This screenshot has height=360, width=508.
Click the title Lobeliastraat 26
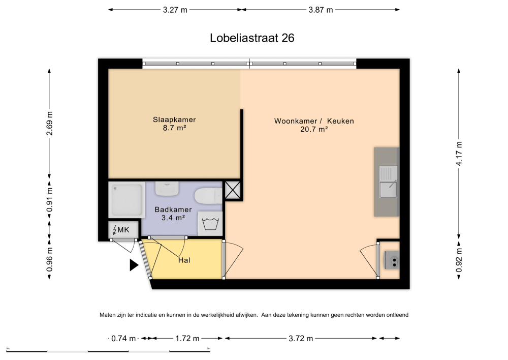click(252, 38)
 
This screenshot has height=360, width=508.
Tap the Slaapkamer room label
click(174, 120)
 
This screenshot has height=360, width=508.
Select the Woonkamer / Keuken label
click(314, 121)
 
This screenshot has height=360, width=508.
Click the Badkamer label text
click(173, 209)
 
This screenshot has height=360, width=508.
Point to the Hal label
click(184, 260)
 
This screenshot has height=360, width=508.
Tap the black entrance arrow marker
click(134, 264)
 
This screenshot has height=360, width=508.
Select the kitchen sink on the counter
click(387, 182)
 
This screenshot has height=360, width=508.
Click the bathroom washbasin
click(166, 188)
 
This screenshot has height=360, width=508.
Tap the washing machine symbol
click(209, 223)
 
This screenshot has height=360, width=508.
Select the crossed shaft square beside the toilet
click(233, 191)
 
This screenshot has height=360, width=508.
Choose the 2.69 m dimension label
click(49, 124)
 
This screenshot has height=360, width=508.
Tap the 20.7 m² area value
click(314, 130)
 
